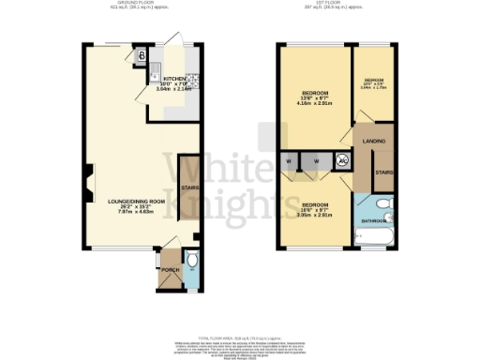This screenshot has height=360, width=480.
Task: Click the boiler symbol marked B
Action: coord(142,56)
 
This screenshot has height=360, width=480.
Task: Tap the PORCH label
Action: coord(170,270)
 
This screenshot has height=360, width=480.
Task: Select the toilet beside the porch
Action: coord(192,260)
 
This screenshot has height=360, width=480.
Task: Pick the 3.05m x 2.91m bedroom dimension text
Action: coord(315,216)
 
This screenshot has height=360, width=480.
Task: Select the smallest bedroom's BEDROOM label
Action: coord(375,81)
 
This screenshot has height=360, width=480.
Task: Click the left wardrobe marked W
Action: coord(288,161)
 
